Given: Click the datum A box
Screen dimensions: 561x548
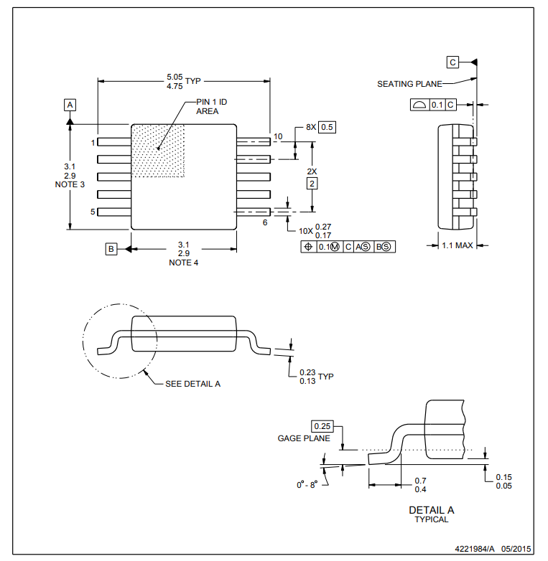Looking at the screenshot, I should click(70, 105).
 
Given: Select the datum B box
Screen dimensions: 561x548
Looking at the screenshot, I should click(111, 249).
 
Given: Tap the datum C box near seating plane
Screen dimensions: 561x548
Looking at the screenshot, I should click(452, 62).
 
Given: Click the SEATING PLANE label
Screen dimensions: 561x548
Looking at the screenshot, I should click(409, 84).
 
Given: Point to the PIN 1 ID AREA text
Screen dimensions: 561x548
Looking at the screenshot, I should click(211, 107).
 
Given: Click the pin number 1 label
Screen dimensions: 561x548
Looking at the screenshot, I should click(93, 143).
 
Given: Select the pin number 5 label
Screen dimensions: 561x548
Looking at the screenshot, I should click(93, 212).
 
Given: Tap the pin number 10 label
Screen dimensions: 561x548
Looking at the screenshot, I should click(278, 136).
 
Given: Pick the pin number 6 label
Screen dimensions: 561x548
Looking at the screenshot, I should click(264, 223).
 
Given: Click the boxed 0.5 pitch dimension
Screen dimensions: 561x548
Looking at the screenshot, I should click(328, 127).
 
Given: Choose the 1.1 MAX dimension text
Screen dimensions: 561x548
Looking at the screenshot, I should click(458, 245).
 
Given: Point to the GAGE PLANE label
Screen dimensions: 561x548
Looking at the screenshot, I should click(304, 438).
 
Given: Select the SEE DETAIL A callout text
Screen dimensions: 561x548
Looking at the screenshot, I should click(192, 384).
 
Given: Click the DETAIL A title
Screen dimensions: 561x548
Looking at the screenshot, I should click(431, 510).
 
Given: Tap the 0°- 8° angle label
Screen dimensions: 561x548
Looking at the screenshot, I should click(307, 485).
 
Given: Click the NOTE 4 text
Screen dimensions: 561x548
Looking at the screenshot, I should click(183, 263).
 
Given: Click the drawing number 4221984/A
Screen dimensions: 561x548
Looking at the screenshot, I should click(475, 548).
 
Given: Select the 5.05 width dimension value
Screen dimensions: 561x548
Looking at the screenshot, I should click(174, 76).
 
